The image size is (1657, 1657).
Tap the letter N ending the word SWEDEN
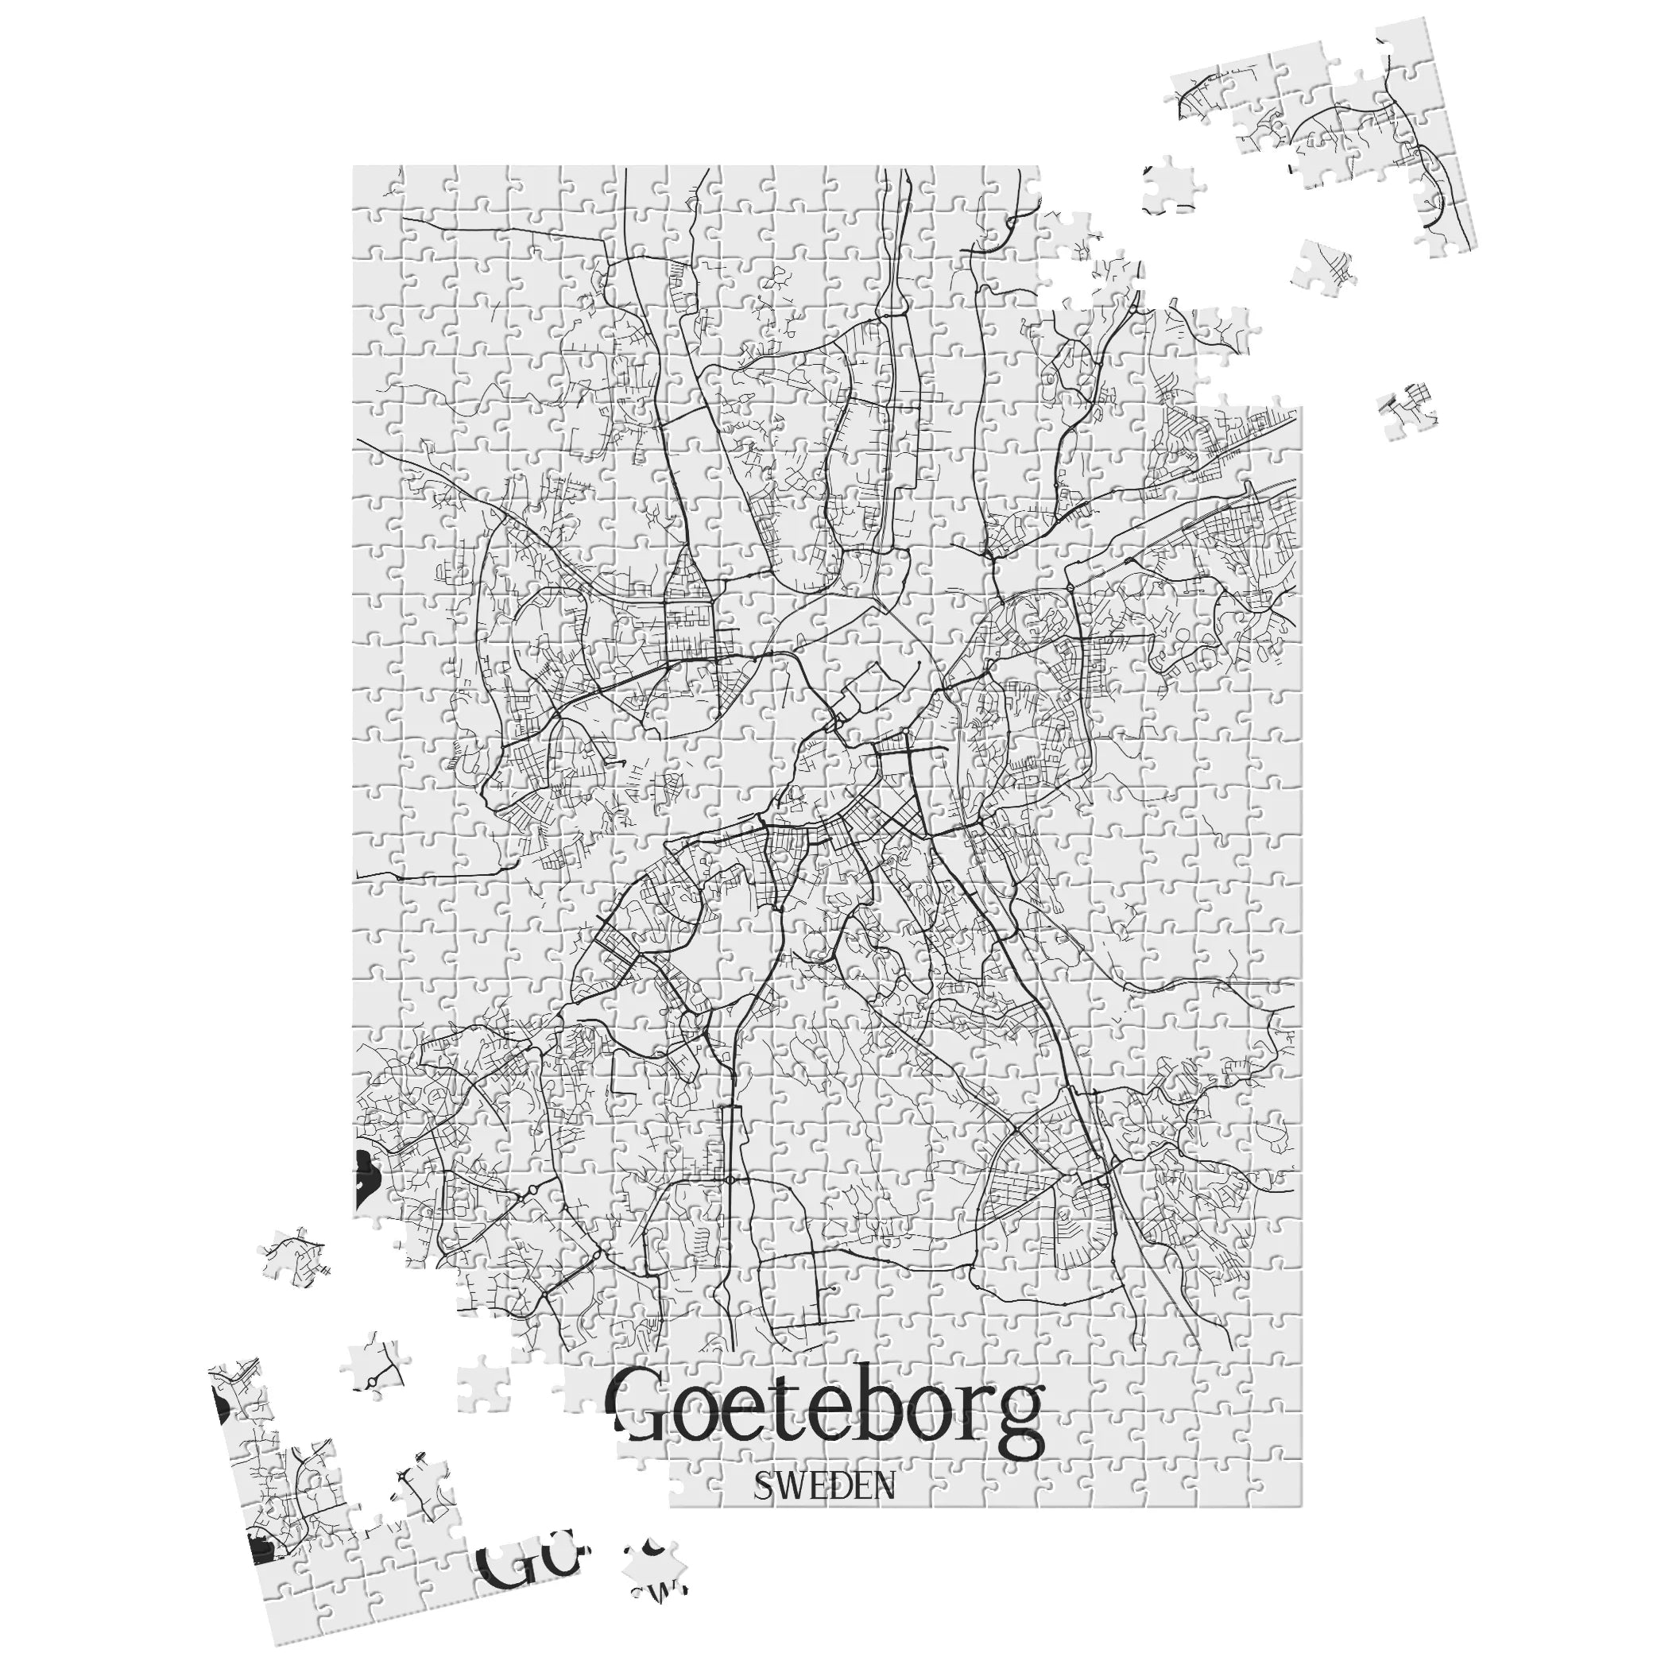881,1510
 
